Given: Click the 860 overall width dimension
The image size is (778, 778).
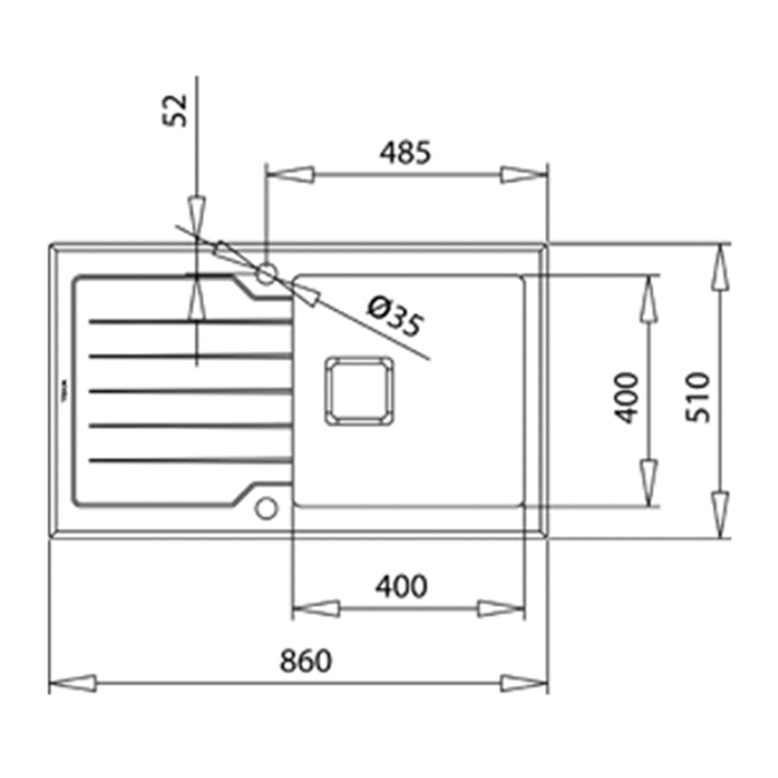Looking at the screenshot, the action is [x=306, y=661].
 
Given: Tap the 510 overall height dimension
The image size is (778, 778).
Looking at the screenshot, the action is [x=698, y=398].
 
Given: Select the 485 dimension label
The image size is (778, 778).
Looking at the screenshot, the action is [x=405, y=152].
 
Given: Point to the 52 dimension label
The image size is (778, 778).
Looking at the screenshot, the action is [x=175, y=110].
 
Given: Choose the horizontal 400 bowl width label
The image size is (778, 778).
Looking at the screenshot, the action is [x=401, y=586].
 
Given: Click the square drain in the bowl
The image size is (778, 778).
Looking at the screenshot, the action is [x=359, y=391].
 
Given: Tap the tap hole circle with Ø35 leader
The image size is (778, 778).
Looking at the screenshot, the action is [x=266, y=274].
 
